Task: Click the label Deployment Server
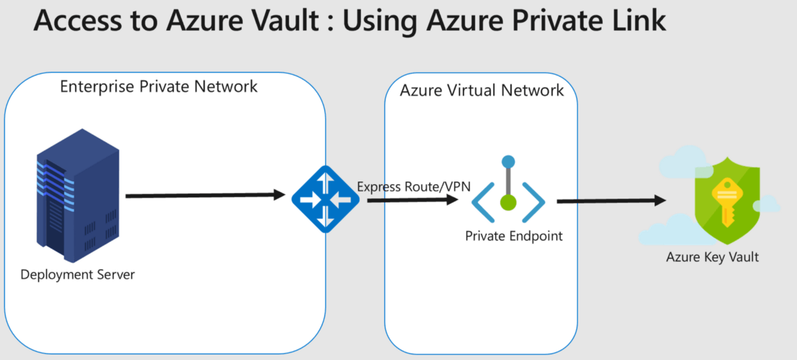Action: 78,274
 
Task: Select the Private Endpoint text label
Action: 513,236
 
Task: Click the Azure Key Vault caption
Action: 712,257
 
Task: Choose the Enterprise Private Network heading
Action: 159,86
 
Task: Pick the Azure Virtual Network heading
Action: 482,90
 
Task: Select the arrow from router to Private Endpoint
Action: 412,199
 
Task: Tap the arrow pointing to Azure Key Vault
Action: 611,201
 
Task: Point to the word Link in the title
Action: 634,21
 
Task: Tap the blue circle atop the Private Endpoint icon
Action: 508,161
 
